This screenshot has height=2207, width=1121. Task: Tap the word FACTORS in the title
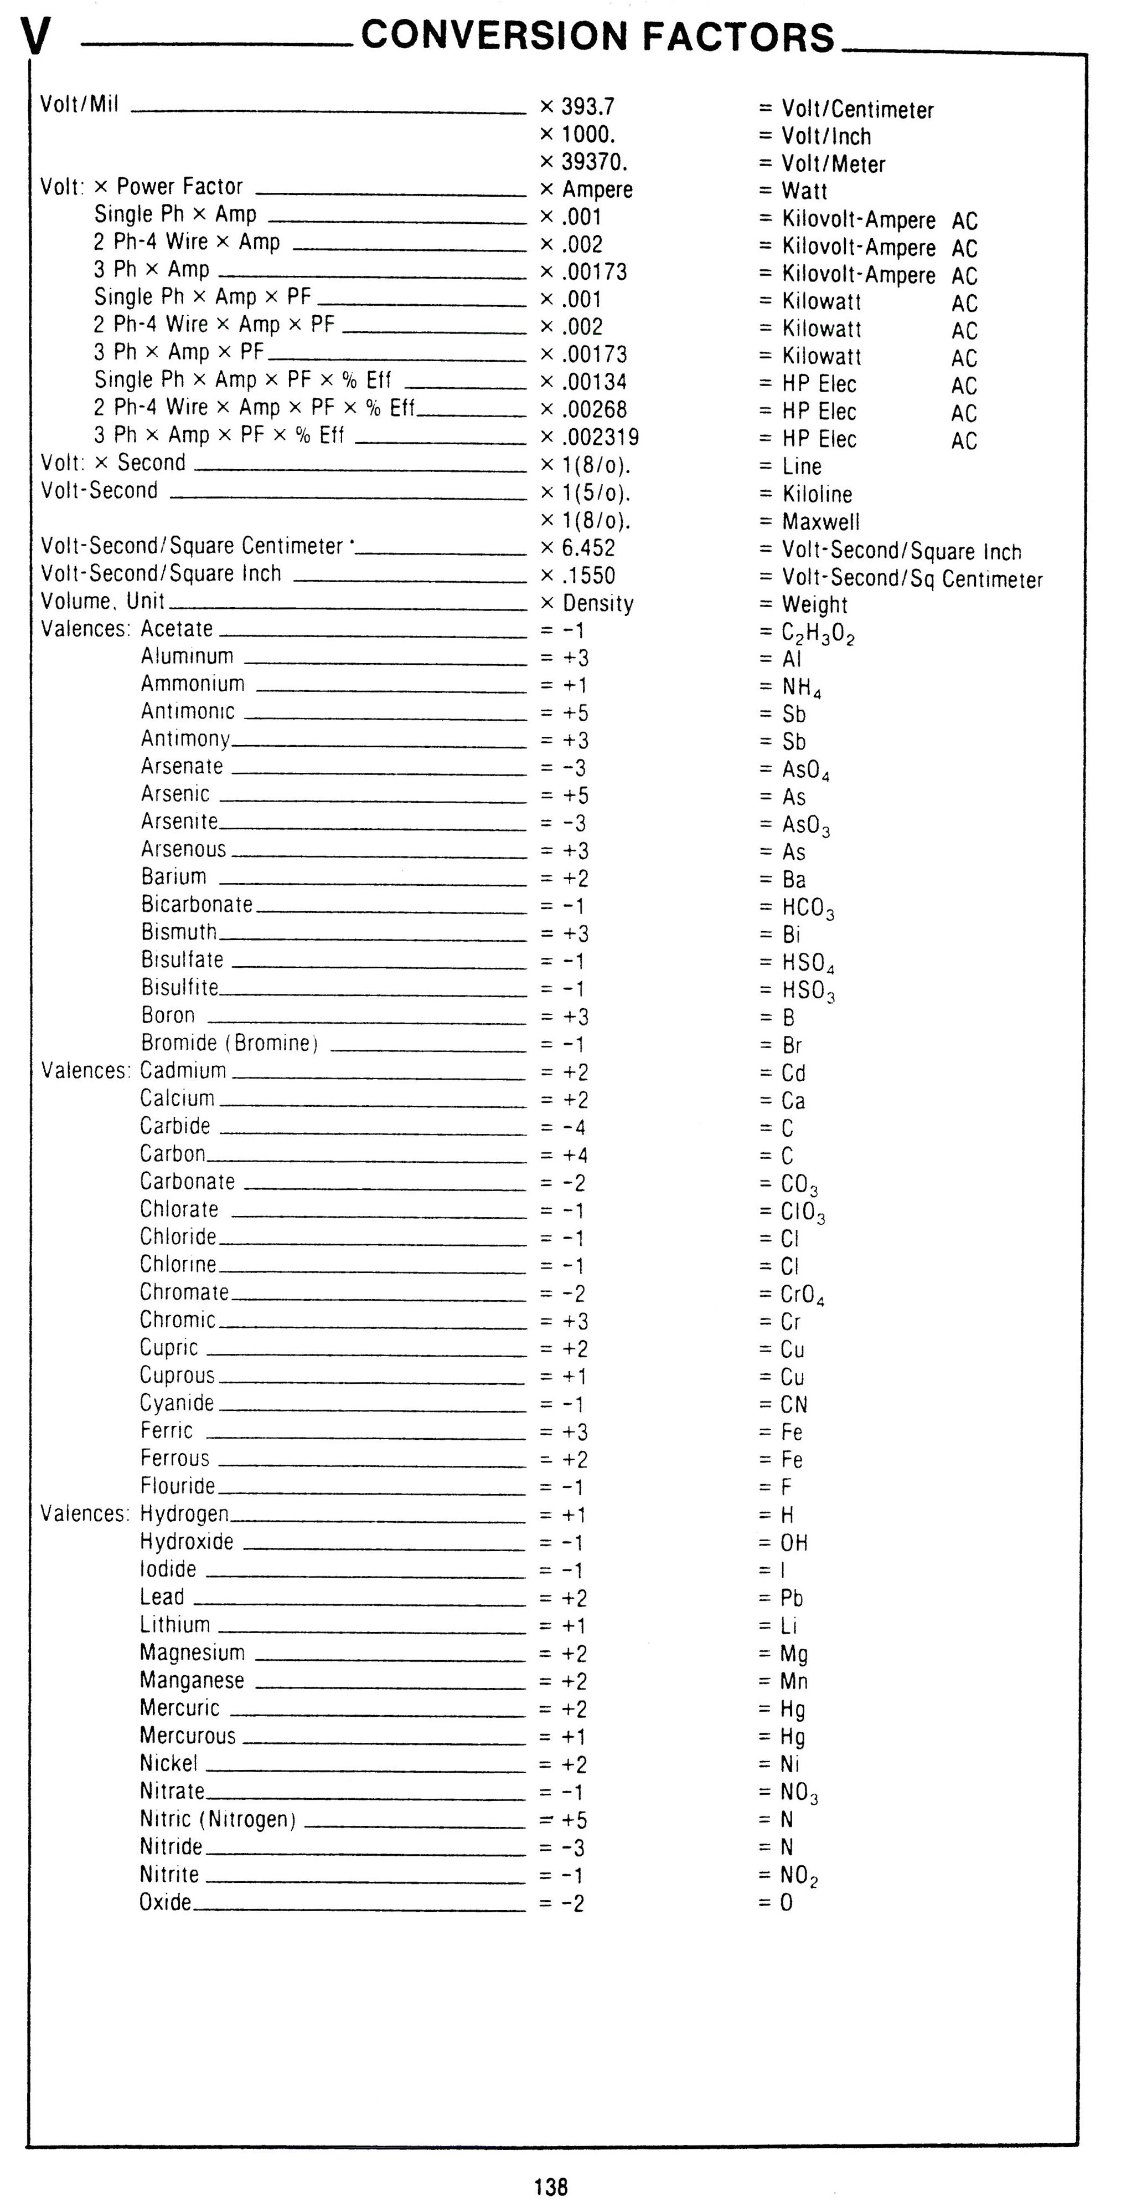tap(737, 38)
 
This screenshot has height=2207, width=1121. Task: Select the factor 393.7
tap(587, 106)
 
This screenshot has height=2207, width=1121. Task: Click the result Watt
tap(804, 191)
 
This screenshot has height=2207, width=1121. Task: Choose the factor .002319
tap(600, 437)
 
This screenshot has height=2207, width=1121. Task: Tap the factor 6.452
tap(588, 548)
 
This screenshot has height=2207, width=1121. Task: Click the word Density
tap(598, 603)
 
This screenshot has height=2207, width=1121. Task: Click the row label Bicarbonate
tap(197, 905)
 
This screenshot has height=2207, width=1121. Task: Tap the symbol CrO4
tap(803, 1295)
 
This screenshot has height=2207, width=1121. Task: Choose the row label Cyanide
tap(177, 1403)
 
